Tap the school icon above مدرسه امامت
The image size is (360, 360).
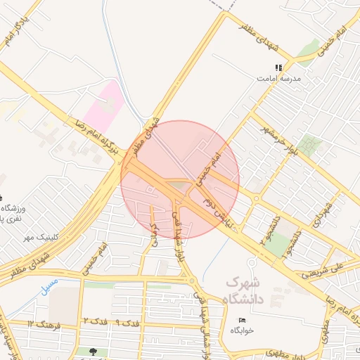click(x=278, y=67)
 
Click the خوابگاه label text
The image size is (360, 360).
click(x=241, y=330)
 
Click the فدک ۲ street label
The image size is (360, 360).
click(x=96, y=321)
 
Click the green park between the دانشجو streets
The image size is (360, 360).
click(x=281, y=243)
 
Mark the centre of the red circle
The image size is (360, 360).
click(x=180, y=180)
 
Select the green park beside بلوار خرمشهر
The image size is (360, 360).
click(x=309, y=146)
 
